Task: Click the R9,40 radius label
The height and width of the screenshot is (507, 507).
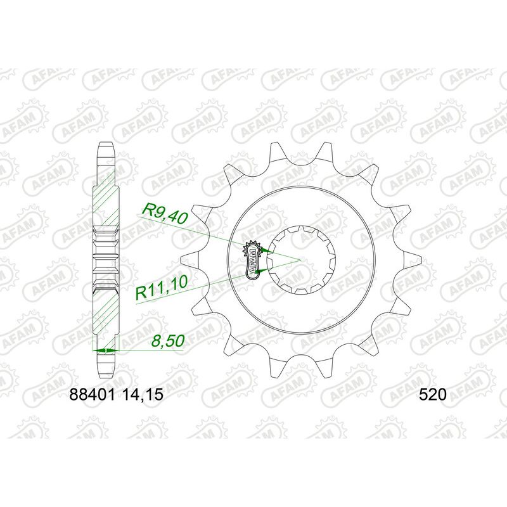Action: point(164,212)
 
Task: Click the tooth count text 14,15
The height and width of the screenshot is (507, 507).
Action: point(144,394)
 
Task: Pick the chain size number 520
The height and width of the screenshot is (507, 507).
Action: point(433,394)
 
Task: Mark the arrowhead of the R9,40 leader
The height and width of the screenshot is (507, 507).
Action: point(270,252)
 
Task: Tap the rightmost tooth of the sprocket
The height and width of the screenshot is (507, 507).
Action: point(415,259)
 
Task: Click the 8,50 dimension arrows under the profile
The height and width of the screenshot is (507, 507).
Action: point(105,350)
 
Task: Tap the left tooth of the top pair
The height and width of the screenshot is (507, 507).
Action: point(277,152)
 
